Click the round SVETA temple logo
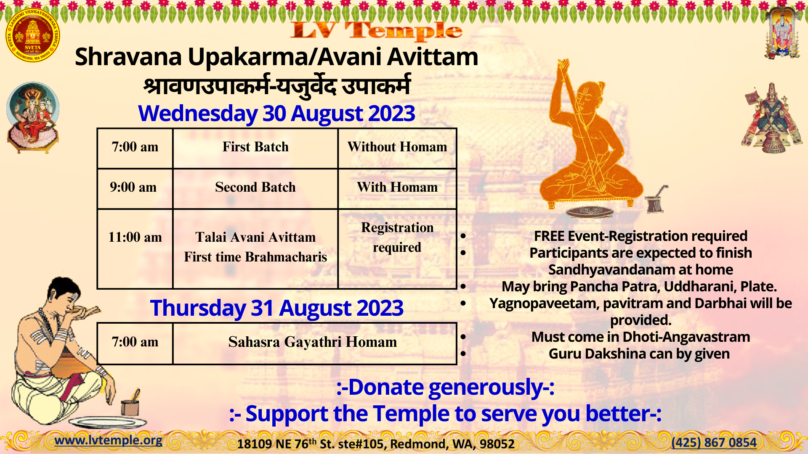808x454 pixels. [32, 35]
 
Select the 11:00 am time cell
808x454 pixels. [135, 249]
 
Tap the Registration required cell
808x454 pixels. [397, 249]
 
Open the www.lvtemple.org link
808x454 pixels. [109, 440]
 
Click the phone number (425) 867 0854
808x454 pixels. [714, 442]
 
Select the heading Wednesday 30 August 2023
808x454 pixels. [276, 113]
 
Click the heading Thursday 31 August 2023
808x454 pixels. [276, 308]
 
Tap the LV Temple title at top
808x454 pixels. [376, 31]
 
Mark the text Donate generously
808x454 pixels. [445, 387]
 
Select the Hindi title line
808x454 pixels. [276, 86]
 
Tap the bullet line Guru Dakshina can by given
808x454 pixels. [639, 354]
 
